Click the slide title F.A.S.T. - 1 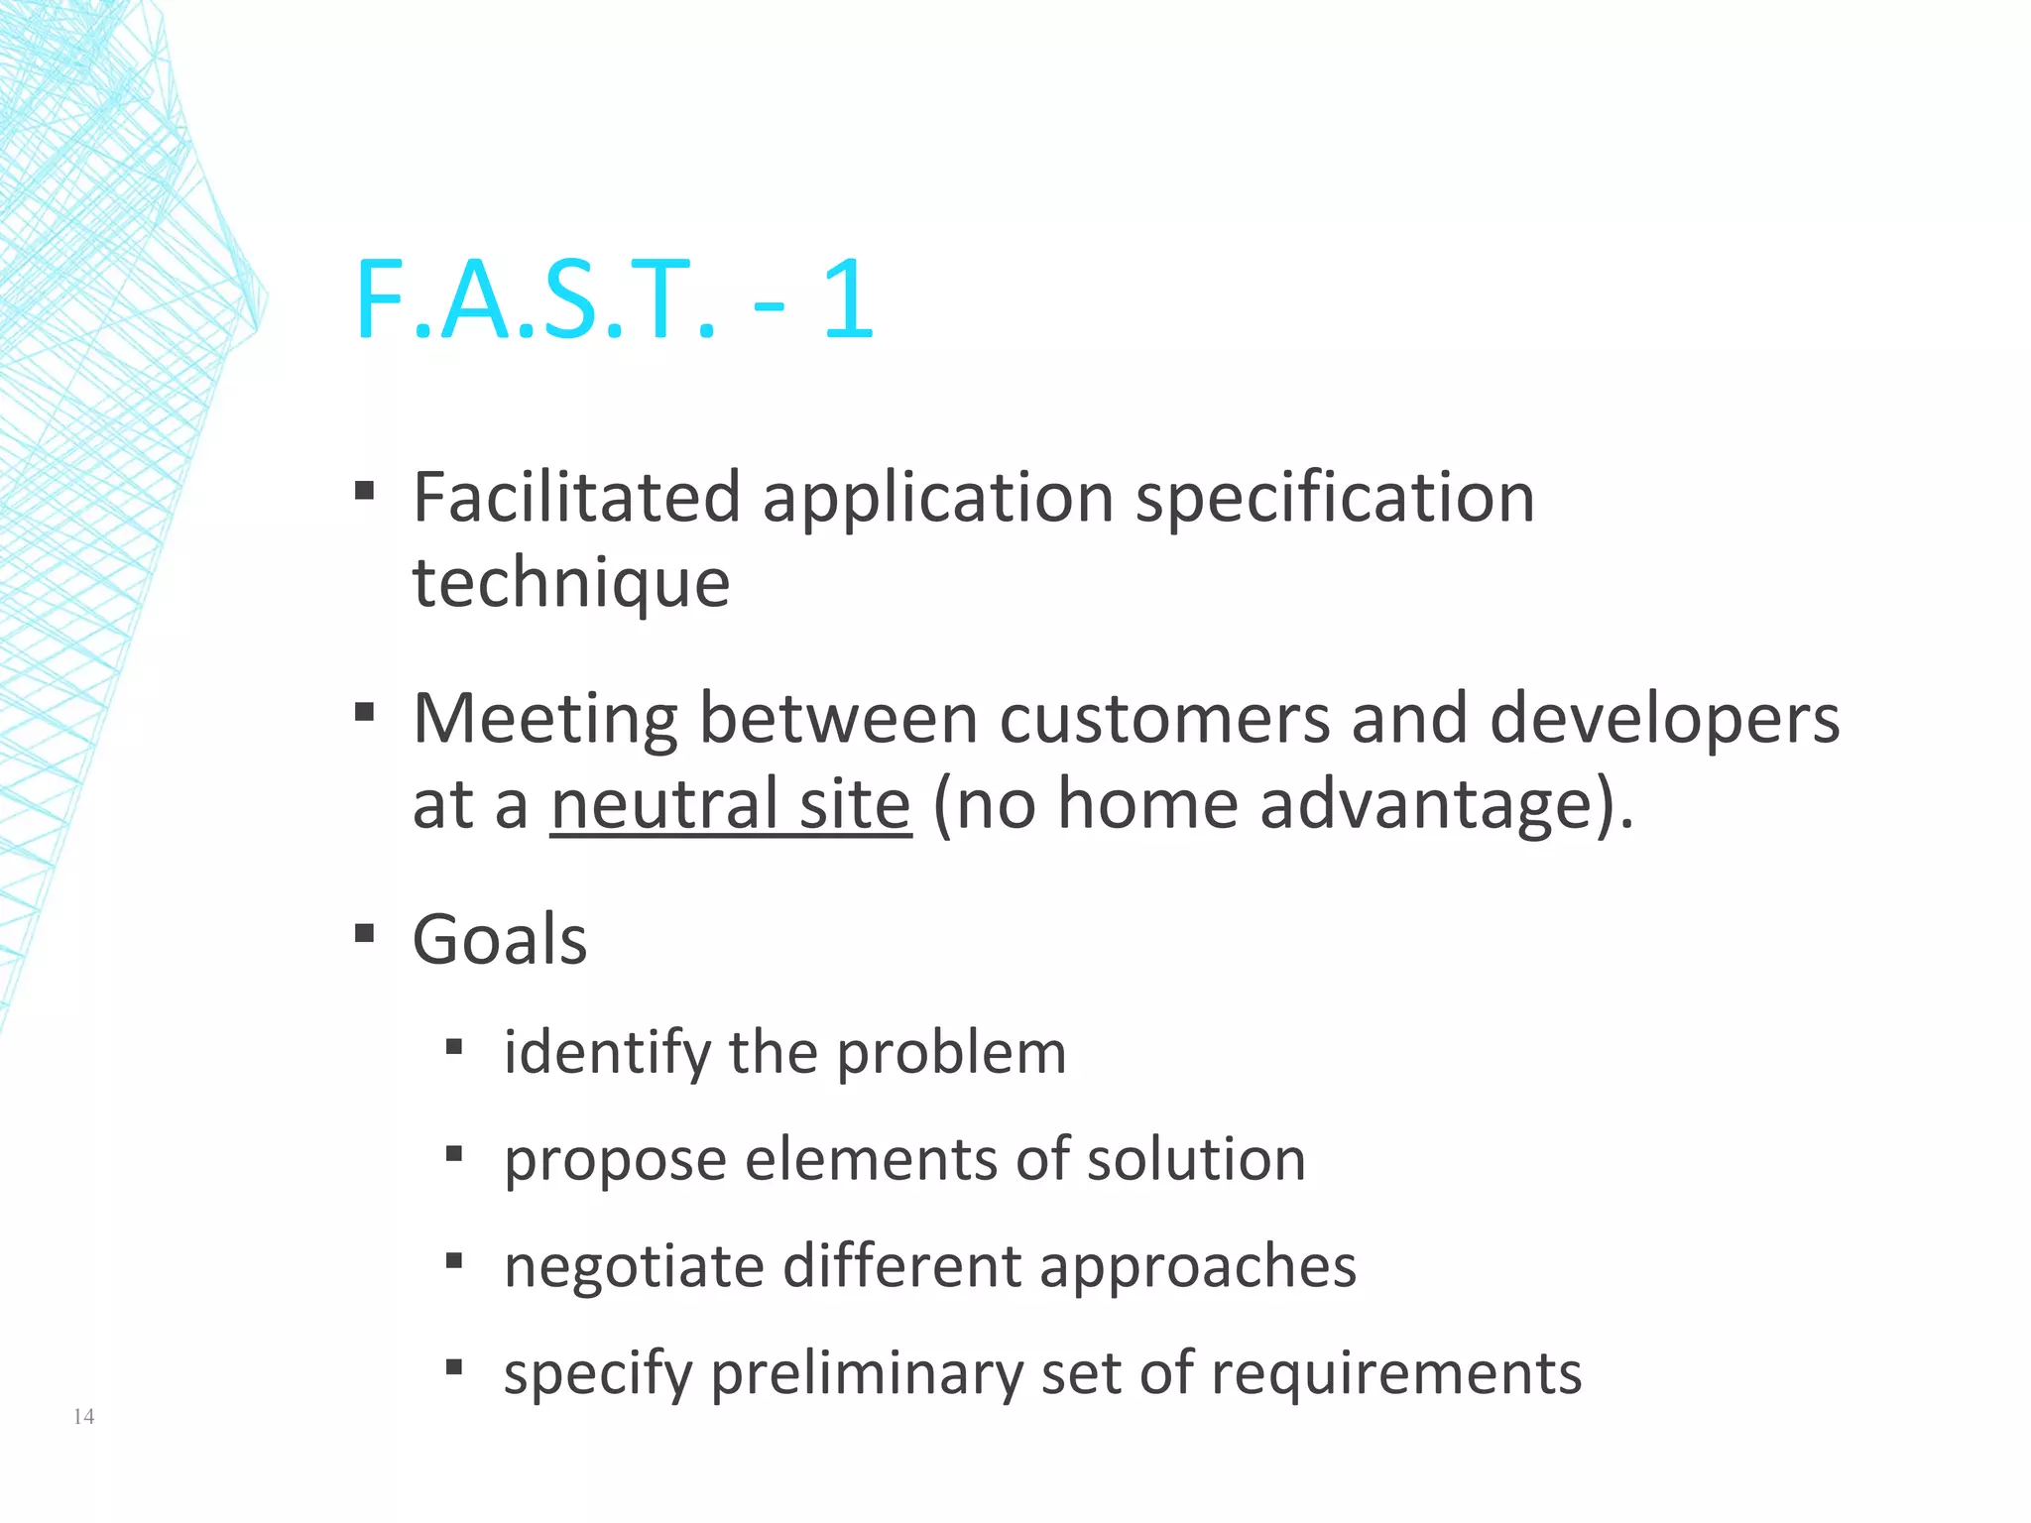click(x=614, y=299)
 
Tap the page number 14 click(x=84, y=1416)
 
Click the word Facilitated click(x=576, y=497)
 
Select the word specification click(x=1335, y=499)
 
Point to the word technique click(x=571, y=583)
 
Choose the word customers click(x=1164, y=719)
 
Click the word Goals click(x=500, y=940)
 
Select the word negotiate click(x=634, y=1267)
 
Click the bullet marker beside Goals click(x=365, y=933)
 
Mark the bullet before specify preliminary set click(x=454, y=1368)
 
